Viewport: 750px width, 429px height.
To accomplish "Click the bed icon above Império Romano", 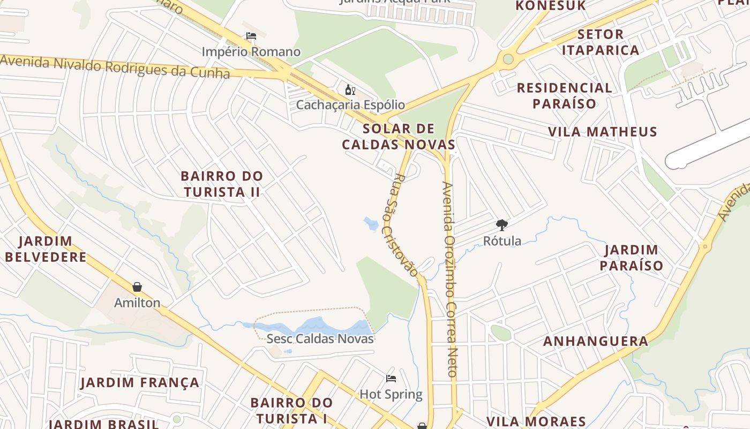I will point(251,36).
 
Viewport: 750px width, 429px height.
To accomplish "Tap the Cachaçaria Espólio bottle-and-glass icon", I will point(350,90).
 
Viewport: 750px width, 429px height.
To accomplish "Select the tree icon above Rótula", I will point(502,225).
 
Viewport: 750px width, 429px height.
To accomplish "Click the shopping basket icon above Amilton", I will point(137,287).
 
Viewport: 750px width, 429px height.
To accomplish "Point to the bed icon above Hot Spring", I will point(391,379).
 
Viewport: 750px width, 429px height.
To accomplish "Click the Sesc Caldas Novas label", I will point(320,338).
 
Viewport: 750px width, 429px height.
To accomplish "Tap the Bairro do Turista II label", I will point(222,183).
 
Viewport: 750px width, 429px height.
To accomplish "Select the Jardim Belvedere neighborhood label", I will point(46,249).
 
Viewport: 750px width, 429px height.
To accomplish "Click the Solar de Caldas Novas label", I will point(399,136).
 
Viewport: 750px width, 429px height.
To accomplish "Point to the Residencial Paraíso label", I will point(564,95).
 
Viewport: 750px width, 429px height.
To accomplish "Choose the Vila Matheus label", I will point(602,131).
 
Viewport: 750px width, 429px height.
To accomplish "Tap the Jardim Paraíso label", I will point(631,257).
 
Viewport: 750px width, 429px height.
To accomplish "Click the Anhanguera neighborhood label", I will point(596,341).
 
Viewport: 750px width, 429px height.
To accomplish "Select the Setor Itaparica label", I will point(607,42).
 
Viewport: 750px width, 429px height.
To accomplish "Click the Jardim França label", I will point(140,382).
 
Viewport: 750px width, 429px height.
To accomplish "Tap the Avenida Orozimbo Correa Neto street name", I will point(449,279).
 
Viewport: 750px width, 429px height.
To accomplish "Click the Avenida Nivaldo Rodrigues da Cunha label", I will point(115,66).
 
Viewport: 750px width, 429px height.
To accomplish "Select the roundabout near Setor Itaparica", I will point(508,59).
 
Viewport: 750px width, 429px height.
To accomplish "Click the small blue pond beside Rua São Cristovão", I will point(371,223).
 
